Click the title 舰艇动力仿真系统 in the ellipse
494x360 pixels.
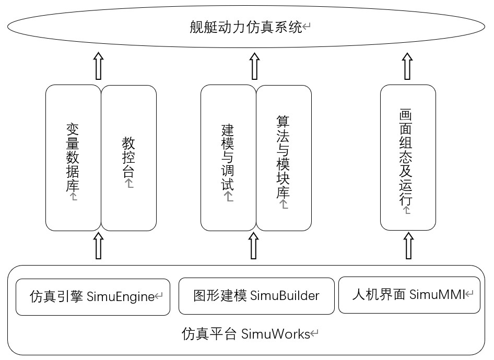pos(246,28)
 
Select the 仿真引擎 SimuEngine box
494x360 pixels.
pos(93,297)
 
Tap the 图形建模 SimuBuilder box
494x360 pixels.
pos(256,296)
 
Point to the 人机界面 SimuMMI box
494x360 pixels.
pos(409,295)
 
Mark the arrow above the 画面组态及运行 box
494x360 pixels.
pos(407,65)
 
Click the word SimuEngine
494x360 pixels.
pos(121,297)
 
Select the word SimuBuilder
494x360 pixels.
pos(285,296)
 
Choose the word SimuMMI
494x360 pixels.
pos(437,295)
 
